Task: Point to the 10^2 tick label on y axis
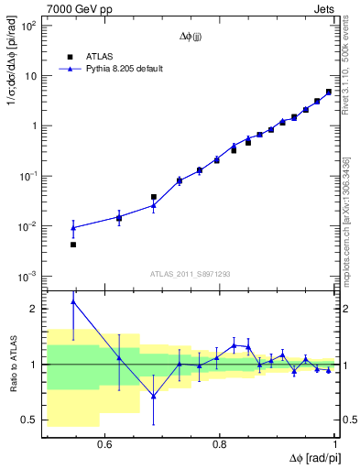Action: pyautogui.click(x=29, y=26)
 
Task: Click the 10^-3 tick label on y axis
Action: pyautogui.click(x=29, y=276)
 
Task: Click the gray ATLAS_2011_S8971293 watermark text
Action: pyautogui.click(x=191, y=273)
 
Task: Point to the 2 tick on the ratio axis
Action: pyautogui.click(x=35, y=309)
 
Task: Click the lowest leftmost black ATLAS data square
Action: pyautogui.click(x=73, y=245)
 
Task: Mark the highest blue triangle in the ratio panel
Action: pyautogui.click(x=73, y=301)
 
